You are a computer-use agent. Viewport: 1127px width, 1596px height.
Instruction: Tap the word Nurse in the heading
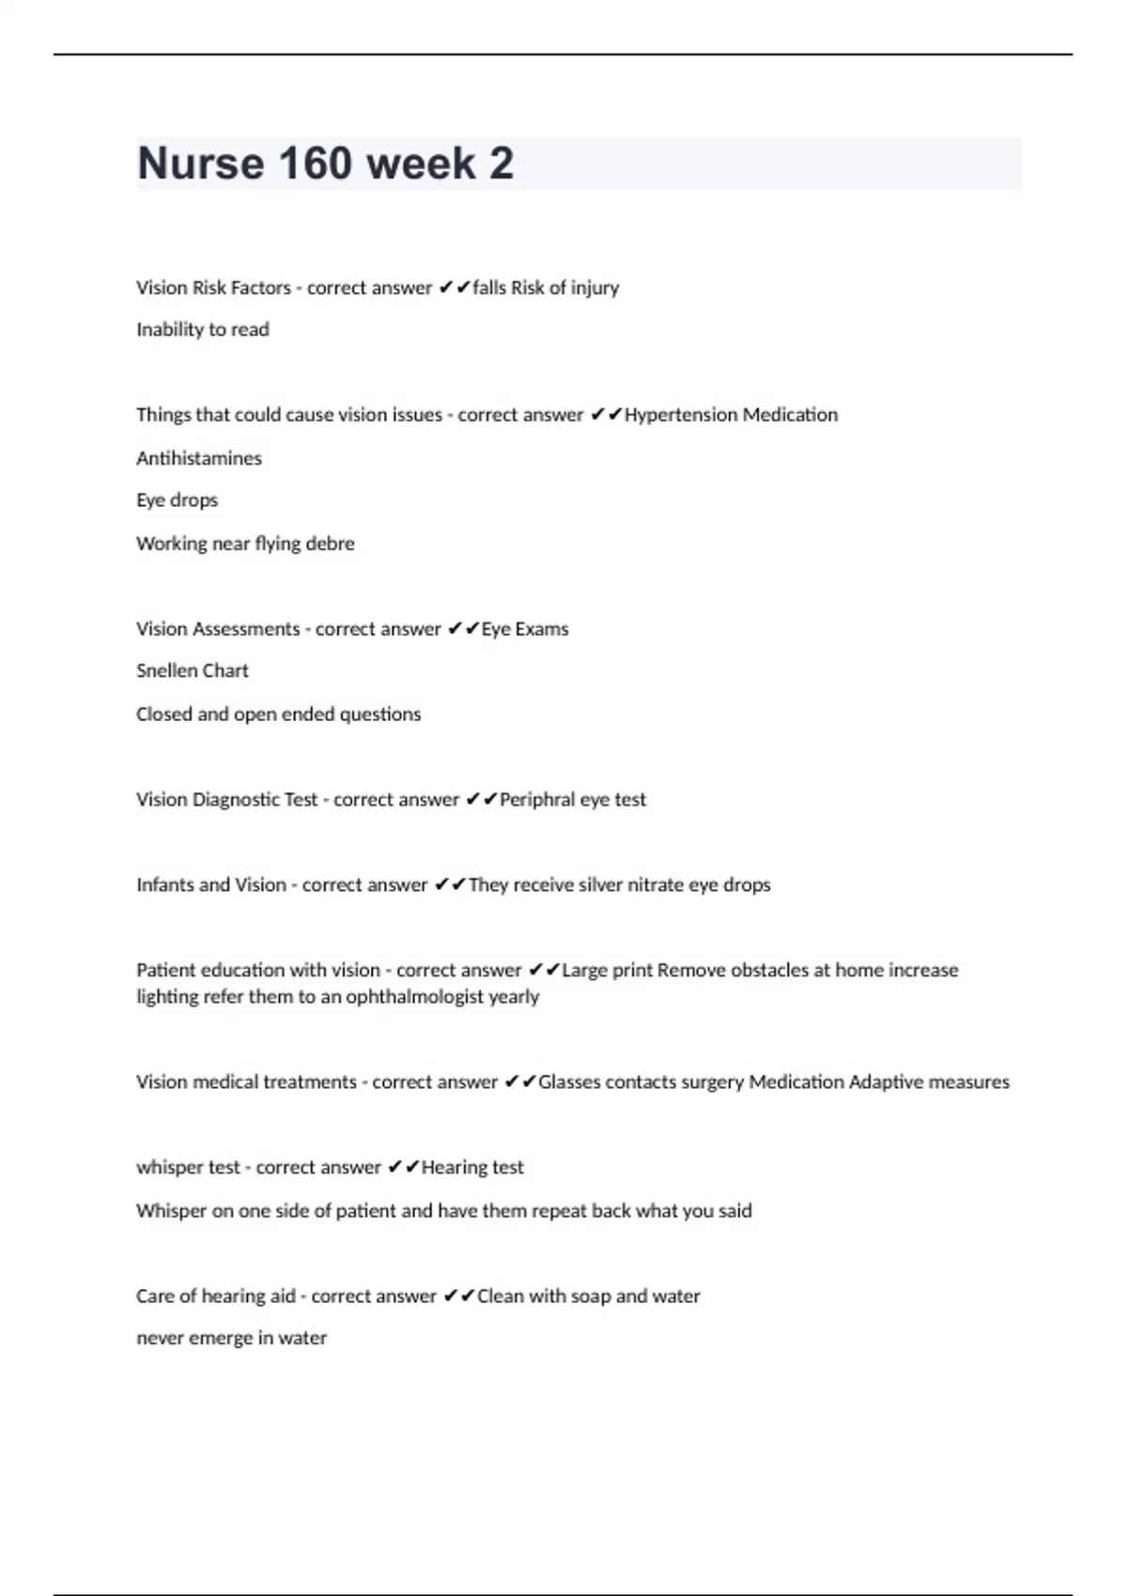(x=200, y=163)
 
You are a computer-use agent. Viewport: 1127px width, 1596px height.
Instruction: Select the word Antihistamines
(x=199, y=458)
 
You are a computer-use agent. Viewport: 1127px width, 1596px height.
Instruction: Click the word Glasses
(x=569, y=1082)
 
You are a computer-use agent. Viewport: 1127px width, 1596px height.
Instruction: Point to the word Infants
(x=164, y=884)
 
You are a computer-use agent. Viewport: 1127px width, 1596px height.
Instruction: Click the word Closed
(x=164, y=714)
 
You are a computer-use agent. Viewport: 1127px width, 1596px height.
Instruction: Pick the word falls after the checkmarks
(x=489, y=288)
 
